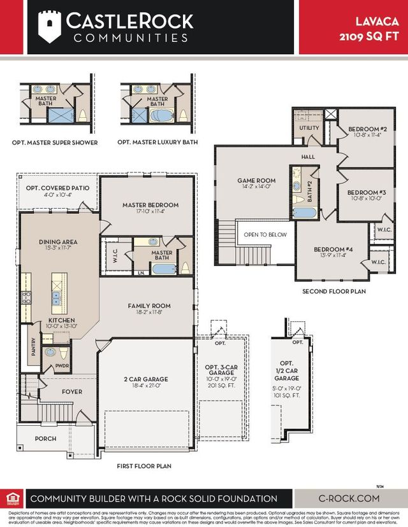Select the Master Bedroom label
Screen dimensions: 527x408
[150, 205]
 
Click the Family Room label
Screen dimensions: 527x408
[149, 306]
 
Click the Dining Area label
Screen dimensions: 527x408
[58, 242]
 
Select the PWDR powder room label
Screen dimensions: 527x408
[62, 367]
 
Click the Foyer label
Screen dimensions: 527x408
[72, 391]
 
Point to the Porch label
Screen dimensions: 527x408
[45, 439]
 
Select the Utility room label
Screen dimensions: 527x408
[309, 128]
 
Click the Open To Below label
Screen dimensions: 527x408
[265, 234]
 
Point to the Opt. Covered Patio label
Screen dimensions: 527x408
[57, 188]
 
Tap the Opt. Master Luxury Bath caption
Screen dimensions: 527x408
[159, 143]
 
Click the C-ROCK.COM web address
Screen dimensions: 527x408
[348, 498]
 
